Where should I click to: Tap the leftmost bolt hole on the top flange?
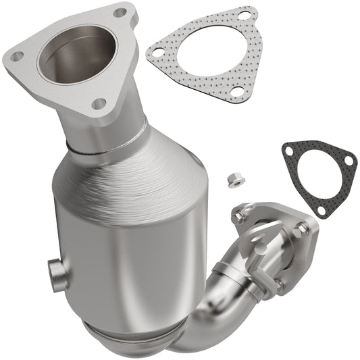pyautogui.click(x=17, y=57)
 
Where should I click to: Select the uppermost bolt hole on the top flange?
pyautogui.click(x=120, y=12)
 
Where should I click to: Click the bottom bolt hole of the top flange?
pyautogui.click(x=99, y=103)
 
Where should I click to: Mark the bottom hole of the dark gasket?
pyautogui.click(x=322, y=210)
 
